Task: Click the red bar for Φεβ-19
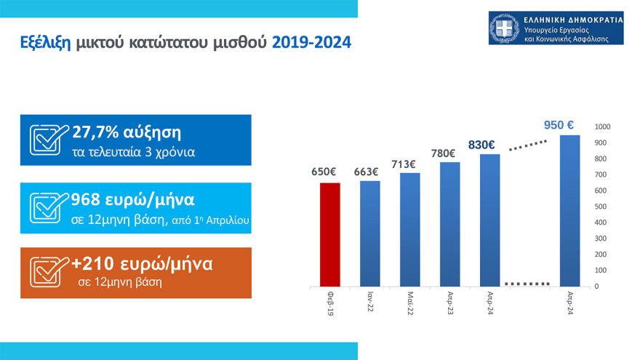click(x=330, y=234)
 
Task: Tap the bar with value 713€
click(x=410, y=229)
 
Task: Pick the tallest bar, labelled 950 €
click(x=569, y=210)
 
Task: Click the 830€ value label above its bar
click(x=481, y=145)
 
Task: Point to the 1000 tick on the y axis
click(x=601, y=127)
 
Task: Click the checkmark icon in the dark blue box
click(x=49, y=139)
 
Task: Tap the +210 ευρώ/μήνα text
click(x=142, y=264)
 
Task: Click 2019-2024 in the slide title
click(x=311, y=44)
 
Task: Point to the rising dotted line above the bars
click(x=527, y=146)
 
